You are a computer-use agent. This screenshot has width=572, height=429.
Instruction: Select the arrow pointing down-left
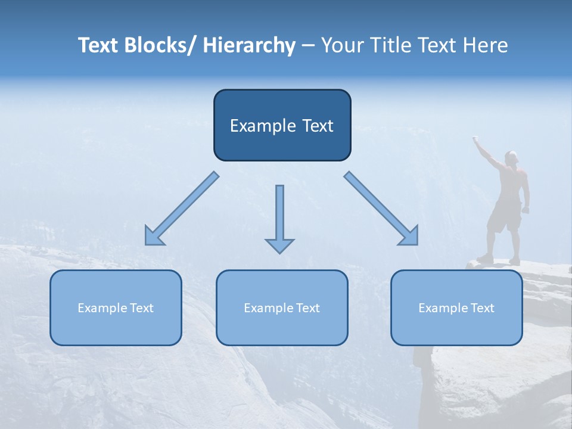point(181,209)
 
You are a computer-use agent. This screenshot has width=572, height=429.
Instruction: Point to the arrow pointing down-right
point(382,209)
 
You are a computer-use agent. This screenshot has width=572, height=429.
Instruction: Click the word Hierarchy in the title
point(249,46)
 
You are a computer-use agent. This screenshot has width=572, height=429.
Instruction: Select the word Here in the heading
point(485,46)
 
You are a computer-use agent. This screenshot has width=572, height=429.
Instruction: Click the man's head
point(511,157)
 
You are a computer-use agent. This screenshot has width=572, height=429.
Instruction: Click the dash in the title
point(307,46)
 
